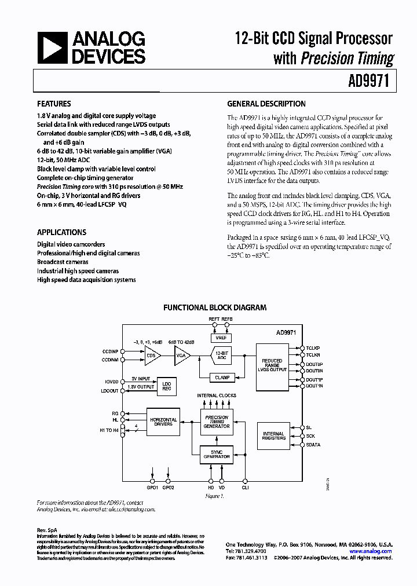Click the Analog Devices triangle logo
[52, 48]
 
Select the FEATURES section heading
[54, 104]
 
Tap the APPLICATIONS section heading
[61, 232]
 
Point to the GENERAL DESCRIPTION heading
[266, 104]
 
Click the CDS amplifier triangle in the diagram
[152, 357]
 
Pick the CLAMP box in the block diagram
[222, 378]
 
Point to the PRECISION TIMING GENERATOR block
[216, 422]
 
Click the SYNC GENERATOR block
[216, 453]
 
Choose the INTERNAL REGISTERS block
[273, 435]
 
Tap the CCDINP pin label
[110, 351]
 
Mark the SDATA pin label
[313, 445]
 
